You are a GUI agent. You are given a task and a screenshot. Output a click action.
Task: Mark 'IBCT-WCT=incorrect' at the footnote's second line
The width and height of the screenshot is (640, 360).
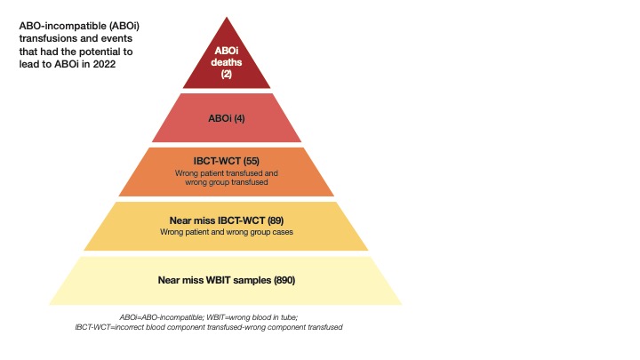coord(113,327)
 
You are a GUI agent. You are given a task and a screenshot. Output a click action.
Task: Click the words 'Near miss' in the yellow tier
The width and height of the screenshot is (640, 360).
coord(191,219)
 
